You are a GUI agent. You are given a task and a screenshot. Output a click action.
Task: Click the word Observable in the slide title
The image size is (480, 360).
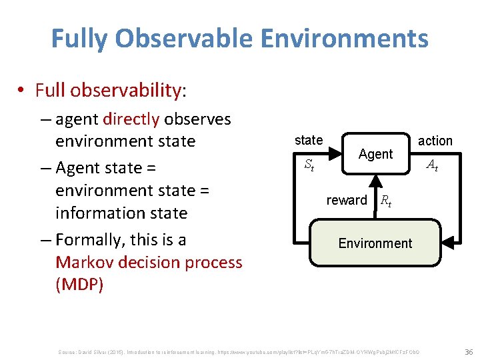(x=187, y=39)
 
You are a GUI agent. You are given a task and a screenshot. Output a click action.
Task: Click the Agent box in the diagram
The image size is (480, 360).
(x=375, y=154)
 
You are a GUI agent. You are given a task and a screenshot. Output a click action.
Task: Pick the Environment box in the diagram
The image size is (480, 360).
(x=375, y=243)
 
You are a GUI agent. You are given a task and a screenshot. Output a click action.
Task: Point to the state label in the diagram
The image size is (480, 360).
(x=309, y=140)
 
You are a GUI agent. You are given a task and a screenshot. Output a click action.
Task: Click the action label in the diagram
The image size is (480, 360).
(x=435, y=141)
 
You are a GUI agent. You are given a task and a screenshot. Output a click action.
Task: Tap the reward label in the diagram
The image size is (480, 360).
(x=347, y=200)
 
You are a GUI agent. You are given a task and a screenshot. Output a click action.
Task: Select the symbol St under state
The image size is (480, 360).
(x=309, y=164)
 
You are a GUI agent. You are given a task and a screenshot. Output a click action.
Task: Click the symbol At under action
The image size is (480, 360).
(x=432, y=165)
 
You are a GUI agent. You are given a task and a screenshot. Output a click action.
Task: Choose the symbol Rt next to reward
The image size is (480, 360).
(x=385, y=201)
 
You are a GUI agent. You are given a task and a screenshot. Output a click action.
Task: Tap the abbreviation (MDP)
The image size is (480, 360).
(x=79, y=285)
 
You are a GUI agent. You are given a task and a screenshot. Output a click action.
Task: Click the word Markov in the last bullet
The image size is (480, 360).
(x=84, y=262)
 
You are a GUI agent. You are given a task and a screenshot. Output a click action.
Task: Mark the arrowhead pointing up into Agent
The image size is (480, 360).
(x=375, y=179)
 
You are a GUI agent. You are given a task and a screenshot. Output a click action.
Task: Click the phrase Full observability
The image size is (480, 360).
(x=107, y=90)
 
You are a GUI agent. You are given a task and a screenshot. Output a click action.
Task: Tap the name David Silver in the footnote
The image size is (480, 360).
(x=94, y=351)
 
